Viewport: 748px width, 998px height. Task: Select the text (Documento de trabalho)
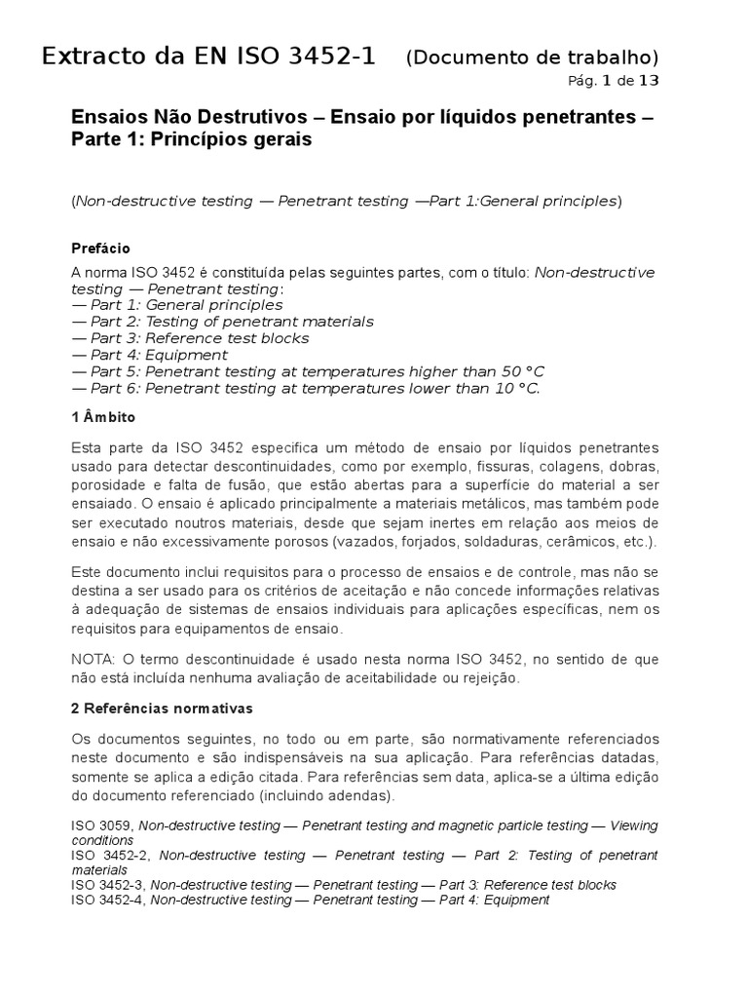pos(532,58)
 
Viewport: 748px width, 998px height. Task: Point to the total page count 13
pos(648,80)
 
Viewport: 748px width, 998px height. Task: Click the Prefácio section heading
pos(101,249)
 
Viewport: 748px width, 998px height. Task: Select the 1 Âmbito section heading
pos(103,417)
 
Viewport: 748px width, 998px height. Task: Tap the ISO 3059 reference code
pos(101,826)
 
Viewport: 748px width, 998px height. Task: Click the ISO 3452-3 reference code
pos(108,885)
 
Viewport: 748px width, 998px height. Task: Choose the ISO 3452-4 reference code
pos(108,900)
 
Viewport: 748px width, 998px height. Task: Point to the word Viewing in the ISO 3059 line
pos(633,826)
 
